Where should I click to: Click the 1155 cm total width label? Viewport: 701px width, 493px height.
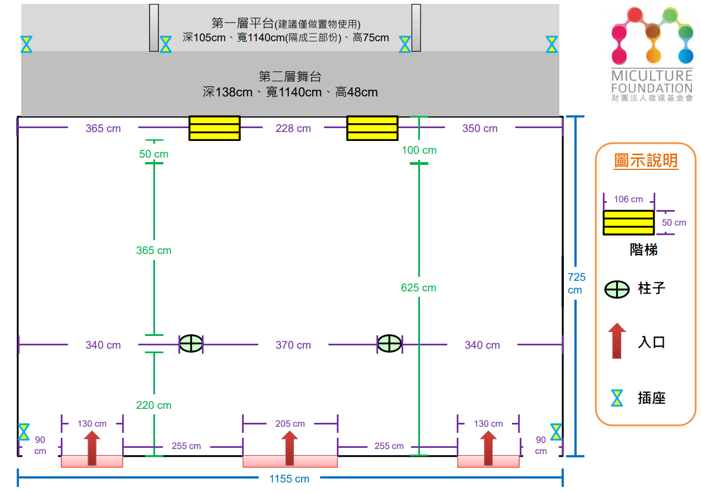289,479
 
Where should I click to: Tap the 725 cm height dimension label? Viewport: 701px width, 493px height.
576,283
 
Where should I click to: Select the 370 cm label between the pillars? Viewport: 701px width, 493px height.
293,345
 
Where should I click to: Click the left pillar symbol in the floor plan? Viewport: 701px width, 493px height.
191,344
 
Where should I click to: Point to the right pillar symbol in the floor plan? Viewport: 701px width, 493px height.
389,344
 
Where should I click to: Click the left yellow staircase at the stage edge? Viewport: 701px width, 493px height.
214,128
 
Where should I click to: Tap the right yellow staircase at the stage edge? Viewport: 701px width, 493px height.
373,128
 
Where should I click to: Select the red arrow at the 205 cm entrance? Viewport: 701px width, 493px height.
289,448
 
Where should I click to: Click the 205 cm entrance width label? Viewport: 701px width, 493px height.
290,424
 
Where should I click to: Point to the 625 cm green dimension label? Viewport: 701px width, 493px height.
418,288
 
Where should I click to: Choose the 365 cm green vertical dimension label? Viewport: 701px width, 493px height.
154,251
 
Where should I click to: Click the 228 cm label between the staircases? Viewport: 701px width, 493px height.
293,129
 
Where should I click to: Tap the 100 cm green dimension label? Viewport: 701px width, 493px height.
419,150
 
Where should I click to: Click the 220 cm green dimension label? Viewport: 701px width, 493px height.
154,406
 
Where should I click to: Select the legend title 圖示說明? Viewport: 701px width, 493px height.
646,161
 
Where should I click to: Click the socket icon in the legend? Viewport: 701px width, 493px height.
617,398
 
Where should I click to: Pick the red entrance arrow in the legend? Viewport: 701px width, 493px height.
617,340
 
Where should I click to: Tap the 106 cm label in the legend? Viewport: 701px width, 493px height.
629,199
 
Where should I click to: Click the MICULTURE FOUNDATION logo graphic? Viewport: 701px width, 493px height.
651,36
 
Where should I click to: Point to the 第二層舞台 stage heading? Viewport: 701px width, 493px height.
290,76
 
